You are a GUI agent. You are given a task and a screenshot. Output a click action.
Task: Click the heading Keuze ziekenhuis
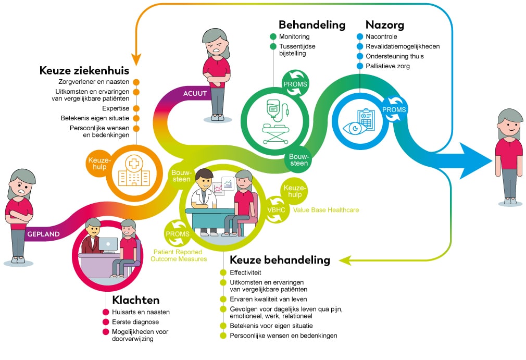tap(84, 70)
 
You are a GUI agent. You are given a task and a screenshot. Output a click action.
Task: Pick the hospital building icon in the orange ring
tap(130, 171)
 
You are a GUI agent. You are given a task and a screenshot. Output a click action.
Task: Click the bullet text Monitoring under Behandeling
tap(294, 36)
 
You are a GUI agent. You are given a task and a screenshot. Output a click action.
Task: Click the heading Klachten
tap(135, 300)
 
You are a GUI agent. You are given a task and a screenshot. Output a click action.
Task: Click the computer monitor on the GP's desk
tap(108, 243)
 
